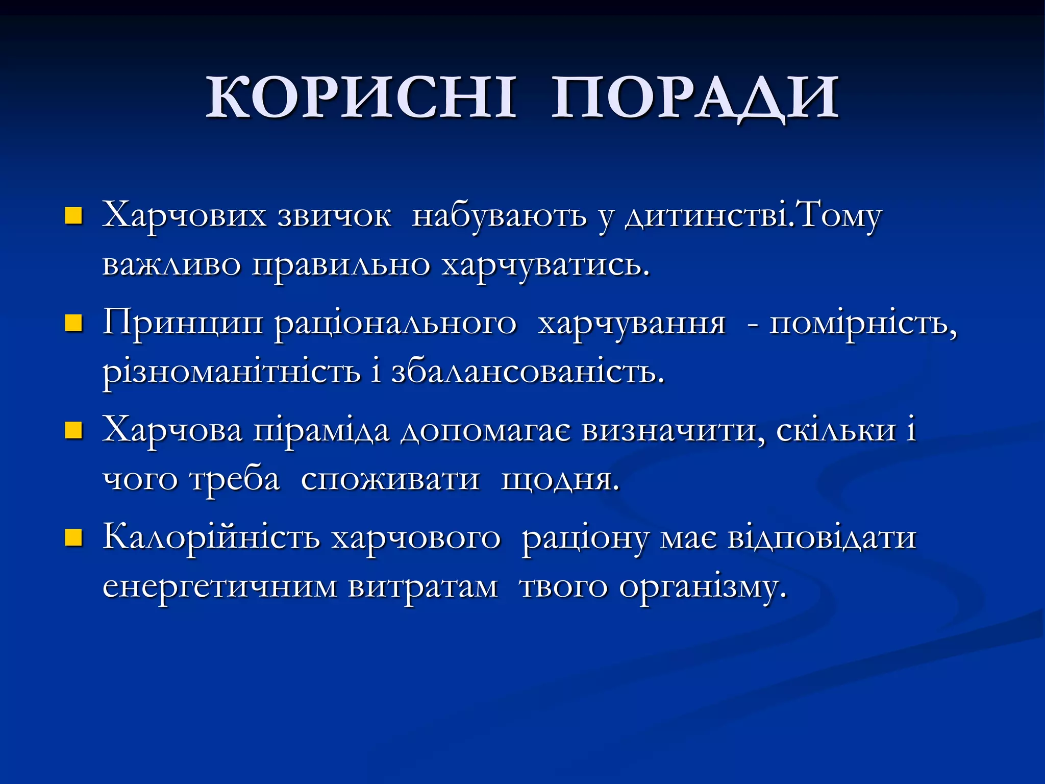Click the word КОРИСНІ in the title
pyautogui.click(x=361, y=97)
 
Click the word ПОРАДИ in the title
pyautogui.click(x=695, y=97)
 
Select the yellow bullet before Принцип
pyautogui.click(x=73, y=324)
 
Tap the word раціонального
pyautogui.click(x=396, y=324)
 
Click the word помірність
pyautogui.click(x=863, y=324)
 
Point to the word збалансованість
pyautogui.click(x=528, y=373)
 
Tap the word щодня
pyautogui.click(x=560, y=480)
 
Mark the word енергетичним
pyautogui.click(x=219, y=587)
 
